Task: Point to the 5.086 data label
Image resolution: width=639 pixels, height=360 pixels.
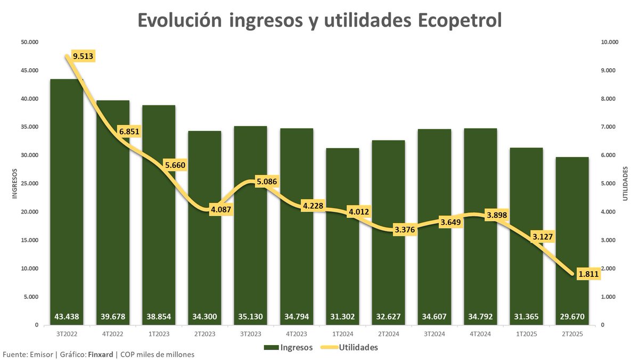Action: (x=266, y=182)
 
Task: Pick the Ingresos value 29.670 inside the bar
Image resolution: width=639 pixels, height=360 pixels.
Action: (x=572, y=317)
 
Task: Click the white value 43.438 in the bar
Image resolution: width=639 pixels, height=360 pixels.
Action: (x=67, y=317)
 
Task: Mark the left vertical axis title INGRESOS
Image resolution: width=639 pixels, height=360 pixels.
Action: (x=15, y=184)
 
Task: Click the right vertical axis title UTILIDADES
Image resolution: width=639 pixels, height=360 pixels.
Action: (x=626, y=184)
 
